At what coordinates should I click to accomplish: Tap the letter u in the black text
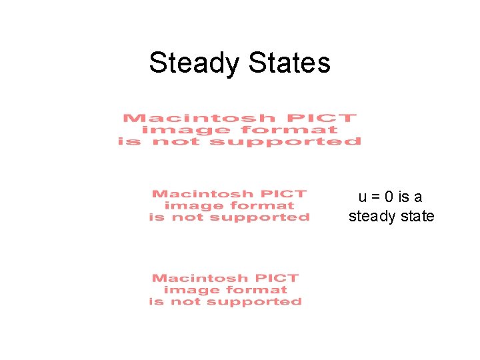pyautogui.click(x=363, y=197)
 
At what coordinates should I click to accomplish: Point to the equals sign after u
pyautogui.click(x=375, y=197)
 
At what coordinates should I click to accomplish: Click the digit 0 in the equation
pyautogui.click(x=388, y=197)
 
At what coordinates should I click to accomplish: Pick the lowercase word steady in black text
pyautogui.click(x=371, y=217)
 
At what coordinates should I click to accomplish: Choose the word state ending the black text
pyautogui.click(x=416, y=217)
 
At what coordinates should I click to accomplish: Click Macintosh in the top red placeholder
pyautogui.click(x=199, y=118)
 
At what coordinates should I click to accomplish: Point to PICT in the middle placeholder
pyautogui.click(x=284, y=194)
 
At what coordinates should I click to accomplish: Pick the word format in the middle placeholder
pyautogui.click(x=262, y=206)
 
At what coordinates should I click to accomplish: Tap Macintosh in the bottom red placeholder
pyautogui.click(x=197, y=278)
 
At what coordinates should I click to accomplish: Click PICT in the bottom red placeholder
pyautogui.click(x=277, y=278)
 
